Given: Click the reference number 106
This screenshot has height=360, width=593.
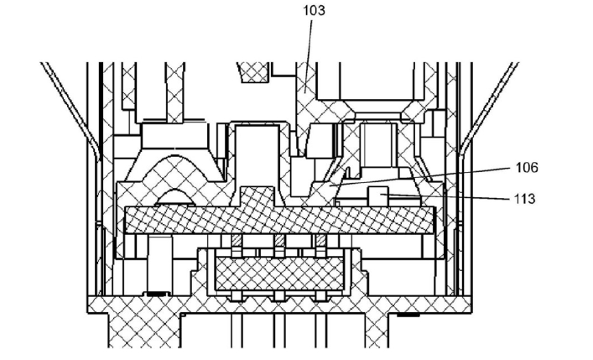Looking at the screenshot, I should point(527,168).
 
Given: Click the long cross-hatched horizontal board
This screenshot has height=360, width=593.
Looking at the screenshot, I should point(277,220).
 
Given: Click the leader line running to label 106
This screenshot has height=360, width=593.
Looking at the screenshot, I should point(436,176).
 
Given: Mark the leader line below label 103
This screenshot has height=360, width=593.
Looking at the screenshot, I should point(308,50).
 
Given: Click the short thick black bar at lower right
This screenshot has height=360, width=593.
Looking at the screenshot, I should point(408,316).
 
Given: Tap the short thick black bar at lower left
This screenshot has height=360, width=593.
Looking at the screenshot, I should point(153,293).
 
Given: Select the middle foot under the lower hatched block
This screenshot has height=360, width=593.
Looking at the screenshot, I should point(278,298).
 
